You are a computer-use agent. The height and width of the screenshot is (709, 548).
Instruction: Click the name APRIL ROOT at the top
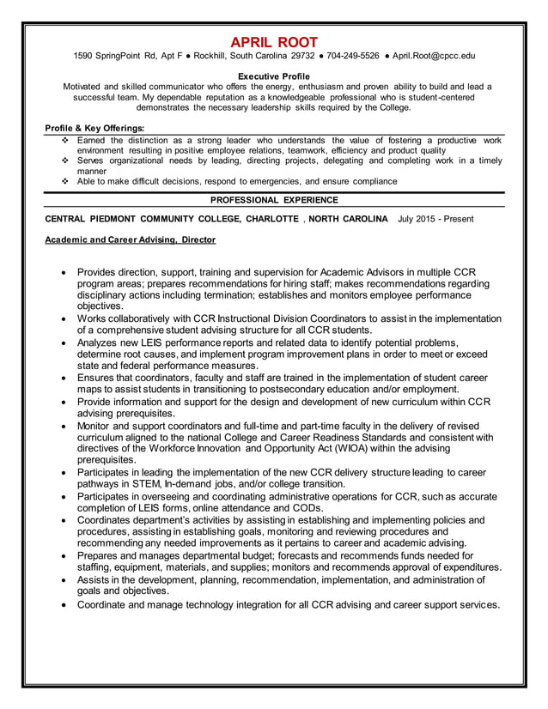pos(274,42)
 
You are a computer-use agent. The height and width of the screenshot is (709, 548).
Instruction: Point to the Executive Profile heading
pos(273,76)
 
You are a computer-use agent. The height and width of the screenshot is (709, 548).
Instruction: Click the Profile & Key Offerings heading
pos(94,129)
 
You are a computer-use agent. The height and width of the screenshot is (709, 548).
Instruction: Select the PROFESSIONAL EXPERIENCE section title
pos(274,200)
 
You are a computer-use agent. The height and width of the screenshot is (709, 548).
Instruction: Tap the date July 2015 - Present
pos(435,219)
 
